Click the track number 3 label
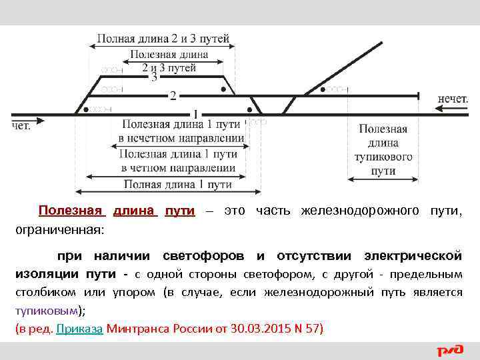[155, 77]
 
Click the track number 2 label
[173, 96]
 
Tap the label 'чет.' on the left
[21, 125]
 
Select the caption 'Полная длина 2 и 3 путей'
[163, 39]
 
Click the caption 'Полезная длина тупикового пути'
[385, 149]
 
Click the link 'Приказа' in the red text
[79, 329]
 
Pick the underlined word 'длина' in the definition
[135, 211]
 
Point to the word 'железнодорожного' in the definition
[360, 211]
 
